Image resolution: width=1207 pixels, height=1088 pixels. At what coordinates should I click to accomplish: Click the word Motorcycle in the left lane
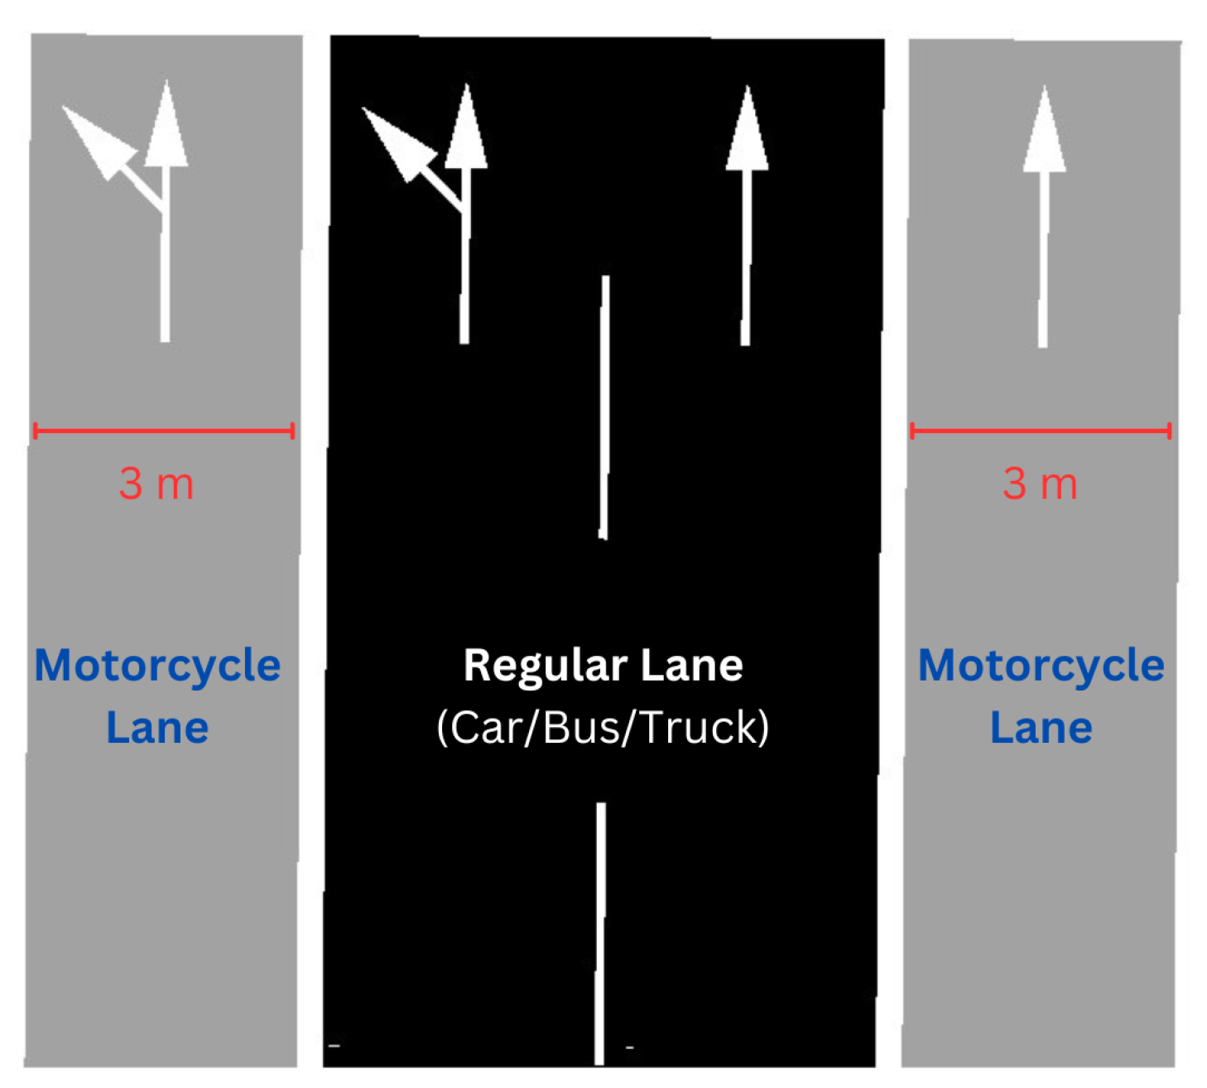tap(157, 665)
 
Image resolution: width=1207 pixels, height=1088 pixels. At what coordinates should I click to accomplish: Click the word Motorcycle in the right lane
tap(1041, 665)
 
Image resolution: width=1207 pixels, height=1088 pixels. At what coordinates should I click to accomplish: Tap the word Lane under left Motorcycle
tap(157, 728)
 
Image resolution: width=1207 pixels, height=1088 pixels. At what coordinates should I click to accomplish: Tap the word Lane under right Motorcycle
tap(1041, 728)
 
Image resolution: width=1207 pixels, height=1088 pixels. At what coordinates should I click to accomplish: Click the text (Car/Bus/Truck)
tap(603, 728)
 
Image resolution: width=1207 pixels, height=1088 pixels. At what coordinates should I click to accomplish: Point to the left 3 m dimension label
tap(156, 484)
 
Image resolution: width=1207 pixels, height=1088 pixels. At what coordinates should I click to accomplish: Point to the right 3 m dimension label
tap(1041, 484)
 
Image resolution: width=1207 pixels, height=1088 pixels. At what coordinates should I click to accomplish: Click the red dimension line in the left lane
tap(164, 431)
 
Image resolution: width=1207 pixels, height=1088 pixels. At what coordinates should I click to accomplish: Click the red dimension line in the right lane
tap(1041, 431)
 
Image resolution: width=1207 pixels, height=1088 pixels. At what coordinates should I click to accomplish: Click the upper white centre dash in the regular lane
tap(604, 406)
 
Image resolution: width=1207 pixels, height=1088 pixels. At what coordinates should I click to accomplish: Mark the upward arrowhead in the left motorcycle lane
tap(166, 128)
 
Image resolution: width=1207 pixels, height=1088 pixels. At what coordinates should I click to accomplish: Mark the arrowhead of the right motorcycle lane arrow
tap(1045, 132)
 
